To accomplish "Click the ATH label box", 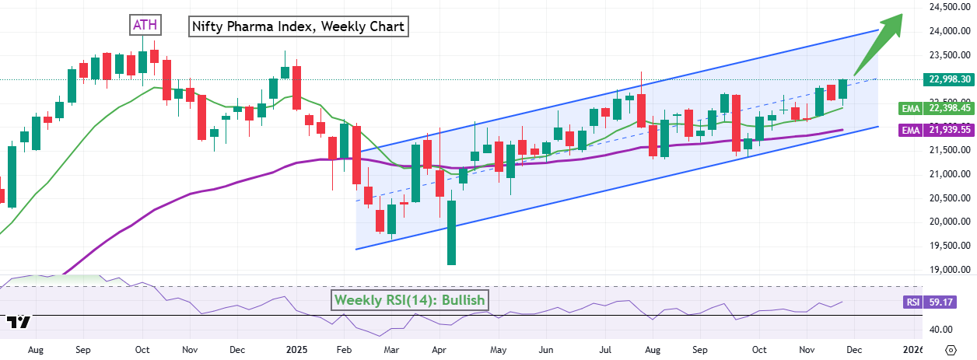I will pyautogui.click(x=145, y=25).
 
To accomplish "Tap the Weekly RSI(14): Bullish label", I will pyautogui.click(x=410, y=300).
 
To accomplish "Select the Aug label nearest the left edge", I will pyautogui.click(x=35, y=351).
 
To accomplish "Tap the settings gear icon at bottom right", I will pyautogui.click(x=951, y=350).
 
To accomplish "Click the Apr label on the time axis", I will pyautogui.click(x=439, y=351).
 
